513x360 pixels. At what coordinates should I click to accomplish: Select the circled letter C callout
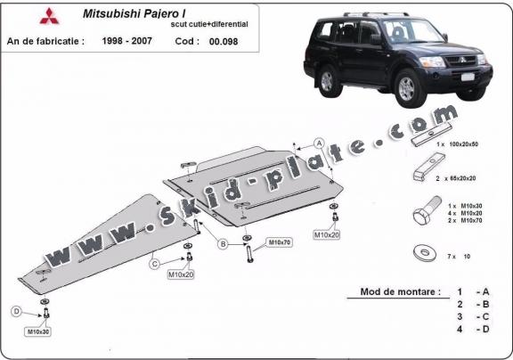pos(155,263)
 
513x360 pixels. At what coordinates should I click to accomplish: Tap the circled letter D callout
pos(17,311)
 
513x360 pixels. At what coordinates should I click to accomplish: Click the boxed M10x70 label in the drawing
pos(279,241)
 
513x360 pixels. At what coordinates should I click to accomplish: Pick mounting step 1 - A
pos(472,292)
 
